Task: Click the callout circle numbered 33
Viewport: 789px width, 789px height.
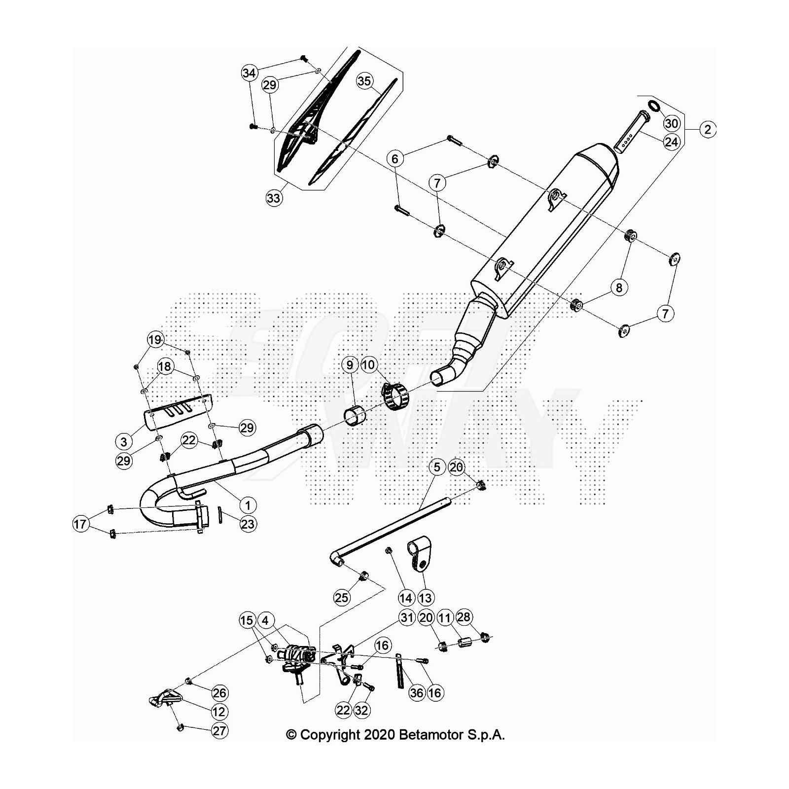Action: [x=274, y=198]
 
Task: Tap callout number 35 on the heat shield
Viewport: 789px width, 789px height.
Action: [x=364, y=80]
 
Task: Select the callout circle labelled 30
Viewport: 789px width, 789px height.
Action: [x=672, y=123]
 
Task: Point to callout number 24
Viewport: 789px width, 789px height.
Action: [x=672, y=142]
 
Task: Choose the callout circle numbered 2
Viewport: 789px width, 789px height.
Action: [x=708, y=130]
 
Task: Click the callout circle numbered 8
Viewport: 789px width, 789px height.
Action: [x=619, y=287]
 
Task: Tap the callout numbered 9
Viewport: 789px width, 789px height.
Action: [x=350, y=365]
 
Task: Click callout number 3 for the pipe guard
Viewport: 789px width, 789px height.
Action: [x=124, y=441]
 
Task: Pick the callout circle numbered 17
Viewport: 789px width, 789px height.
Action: [x=80, y=524]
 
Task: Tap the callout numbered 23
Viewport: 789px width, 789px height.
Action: [x=248, y=524]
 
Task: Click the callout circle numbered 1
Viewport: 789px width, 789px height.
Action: [x=248, y=505]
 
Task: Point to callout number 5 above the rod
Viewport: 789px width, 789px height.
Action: [x=437, y=466]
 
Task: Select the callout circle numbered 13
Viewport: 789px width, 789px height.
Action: [x=425, y=598]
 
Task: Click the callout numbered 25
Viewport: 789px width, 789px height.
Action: [x=341, y=598]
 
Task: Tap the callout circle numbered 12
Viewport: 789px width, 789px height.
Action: [x=219, y=712]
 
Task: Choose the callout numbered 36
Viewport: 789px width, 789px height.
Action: [x=417, y=693]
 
